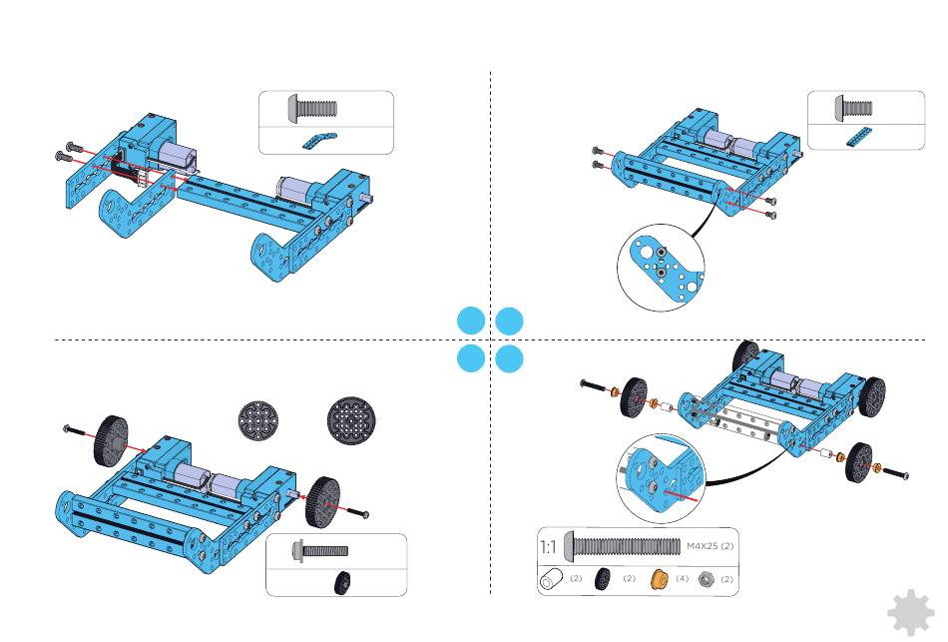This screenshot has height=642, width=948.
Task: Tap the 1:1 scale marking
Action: click(548, 547)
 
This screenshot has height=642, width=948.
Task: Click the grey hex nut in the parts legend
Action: click(706, 579)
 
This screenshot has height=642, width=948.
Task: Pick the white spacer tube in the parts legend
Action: click(550, 579)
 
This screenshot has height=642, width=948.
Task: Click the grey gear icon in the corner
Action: click(912, 613)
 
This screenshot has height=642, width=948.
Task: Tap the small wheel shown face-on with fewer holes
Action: click(258, 420)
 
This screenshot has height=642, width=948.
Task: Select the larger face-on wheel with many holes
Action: click(352, 420)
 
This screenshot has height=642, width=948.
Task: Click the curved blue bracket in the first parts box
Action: click(319, 141)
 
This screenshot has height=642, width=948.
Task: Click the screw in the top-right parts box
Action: click(853, 108)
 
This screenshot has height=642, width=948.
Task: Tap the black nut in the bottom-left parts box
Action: click(343, 581)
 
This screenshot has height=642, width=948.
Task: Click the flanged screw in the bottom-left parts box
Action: click(319, 551)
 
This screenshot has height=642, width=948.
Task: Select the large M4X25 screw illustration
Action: click(622, 546)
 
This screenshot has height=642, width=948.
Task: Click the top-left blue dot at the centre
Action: click(471, 321)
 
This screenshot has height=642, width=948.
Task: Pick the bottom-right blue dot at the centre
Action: click(509, 358)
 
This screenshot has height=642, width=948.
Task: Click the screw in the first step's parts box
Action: click(312, 109)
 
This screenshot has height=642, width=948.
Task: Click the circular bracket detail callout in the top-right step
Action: click(662, 267)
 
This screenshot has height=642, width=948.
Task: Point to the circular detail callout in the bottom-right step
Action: click(662, 478)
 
